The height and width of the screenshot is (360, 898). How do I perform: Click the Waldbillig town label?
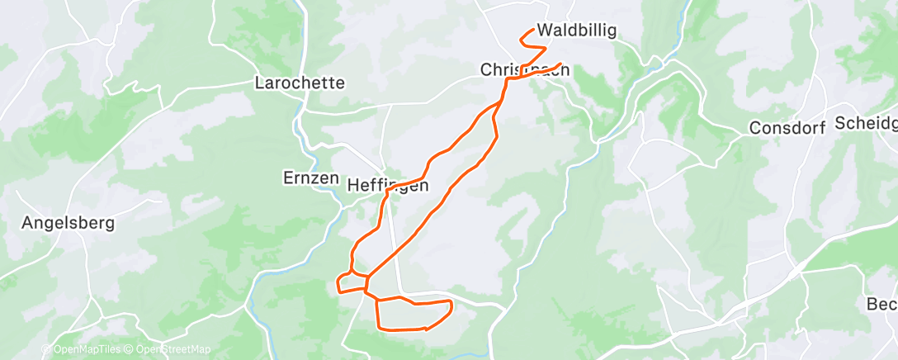[x=577, y=31]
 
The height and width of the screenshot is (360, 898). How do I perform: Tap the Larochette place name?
[x=300, y=83]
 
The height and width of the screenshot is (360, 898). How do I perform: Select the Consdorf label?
[x=787, y=128]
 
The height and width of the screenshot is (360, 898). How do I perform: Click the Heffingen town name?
[x=388, y=186]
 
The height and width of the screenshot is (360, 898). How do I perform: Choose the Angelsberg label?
[x=68, y=223]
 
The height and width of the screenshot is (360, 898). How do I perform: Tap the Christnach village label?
[x=525, y=72]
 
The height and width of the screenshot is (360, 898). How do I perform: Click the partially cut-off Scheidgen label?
[x=866, y=123]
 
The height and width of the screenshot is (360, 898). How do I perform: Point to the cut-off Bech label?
[x=881, y=303]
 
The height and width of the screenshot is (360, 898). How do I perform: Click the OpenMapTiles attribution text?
[x=85, y=349]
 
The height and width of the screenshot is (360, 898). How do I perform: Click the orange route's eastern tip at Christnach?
[x=561, y=64]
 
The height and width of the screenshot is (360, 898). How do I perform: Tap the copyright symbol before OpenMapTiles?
[x=46, y=349]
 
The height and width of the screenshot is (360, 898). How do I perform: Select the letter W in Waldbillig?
[x=545, y=31]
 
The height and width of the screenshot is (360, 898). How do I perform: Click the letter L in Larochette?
[x=260, y=83]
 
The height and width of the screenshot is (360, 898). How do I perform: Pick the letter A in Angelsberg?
[x=27, y=223]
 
